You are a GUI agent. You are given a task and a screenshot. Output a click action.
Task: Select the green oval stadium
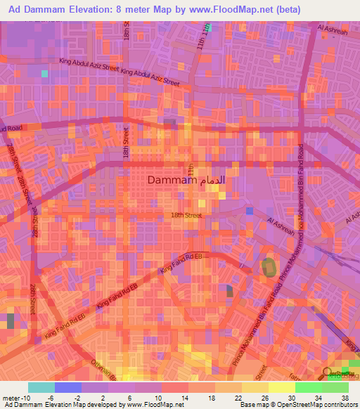coord(269,268)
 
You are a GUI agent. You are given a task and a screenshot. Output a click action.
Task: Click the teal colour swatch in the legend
coord(41,387)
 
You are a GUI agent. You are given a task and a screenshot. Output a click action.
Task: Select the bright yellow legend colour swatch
coord(281,387)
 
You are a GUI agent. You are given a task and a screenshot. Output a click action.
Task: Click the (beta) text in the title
coord(289,10)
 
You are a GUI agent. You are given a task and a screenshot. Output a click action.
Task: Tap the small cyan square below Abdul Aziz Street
coord(45,73)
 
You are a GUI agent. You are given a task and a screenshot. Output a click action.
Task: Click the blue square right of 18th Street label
coord(249,211)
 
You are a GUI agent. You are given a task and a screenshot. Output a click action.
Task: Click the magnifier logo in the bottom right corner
coord(328,373)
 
